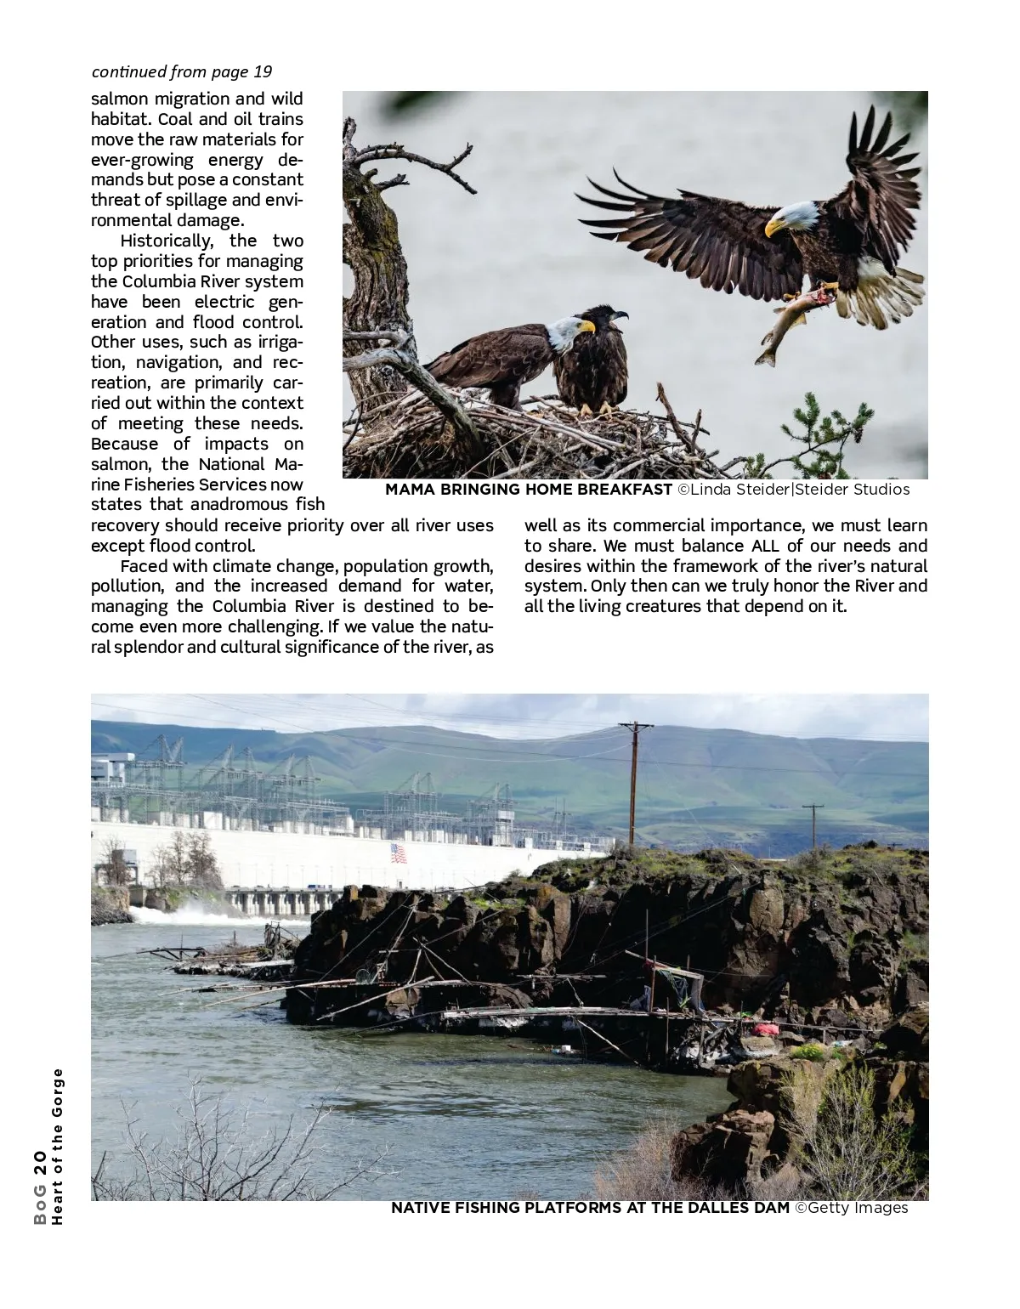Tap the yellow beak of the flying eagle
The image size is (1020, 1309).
click(x=774, y=227)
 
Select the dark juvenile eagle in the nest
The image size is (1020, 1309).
click(x=592, y=361)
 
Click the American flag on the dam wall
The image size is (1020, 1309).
click(x=399, y=853)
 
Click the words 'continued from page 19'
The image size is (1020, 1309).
click(x=182, y=71)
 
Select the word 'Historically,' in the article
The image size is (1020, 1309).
click(x=167, y=241)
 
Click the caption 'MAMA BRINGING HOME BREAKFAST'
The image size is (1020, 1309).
click(x=528, y=490)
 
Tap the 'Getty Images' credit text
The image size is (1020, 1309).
click(x=860, y=1208)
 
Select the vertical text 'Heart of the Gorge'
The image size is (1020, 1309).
click(x=58, y=1147)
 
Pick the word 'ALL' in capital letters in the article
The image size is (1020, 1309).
click(x=765, y=546)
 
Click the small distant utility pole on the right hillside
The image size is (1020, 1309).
click(x=813, y=824)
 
